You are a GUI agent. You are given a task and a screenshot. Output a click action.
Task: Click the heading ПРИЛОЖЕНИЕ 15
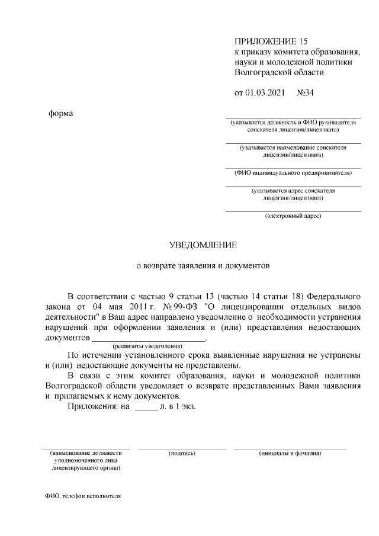point(272,41)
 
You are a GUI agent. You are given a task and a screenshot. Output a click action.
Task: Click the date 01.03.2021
point(265,93)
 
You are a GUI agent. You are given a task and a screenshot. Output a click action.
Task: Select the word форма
point(61,113)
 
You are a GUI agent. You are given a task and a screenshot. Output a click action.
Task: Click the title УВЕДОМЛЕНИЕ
point(203,245)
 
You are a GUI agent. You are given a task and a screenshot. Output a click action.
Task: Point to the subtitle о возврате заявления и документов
point(203,266)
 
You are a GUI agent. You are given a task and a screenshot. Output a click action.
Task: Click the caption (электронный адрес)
point(293,216)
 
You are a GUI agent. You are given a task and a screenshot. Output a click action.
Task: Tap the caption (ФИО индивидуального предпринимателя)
point(293,173)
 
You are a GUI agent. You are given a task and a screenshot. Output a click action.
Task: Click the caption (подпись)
point(182,453)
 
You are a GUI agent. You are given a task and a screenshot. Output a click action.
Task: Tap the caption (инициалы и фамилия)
point(290,453)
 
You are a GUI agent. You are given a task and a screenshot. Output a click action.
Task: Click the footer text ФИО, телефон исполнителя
point(82,496)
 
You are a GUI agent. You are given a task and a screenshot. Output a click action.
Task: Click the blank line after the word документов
point(148,340)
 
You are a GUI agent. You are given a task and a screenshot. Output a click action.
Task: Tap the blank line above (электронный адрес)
point(293,211)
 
